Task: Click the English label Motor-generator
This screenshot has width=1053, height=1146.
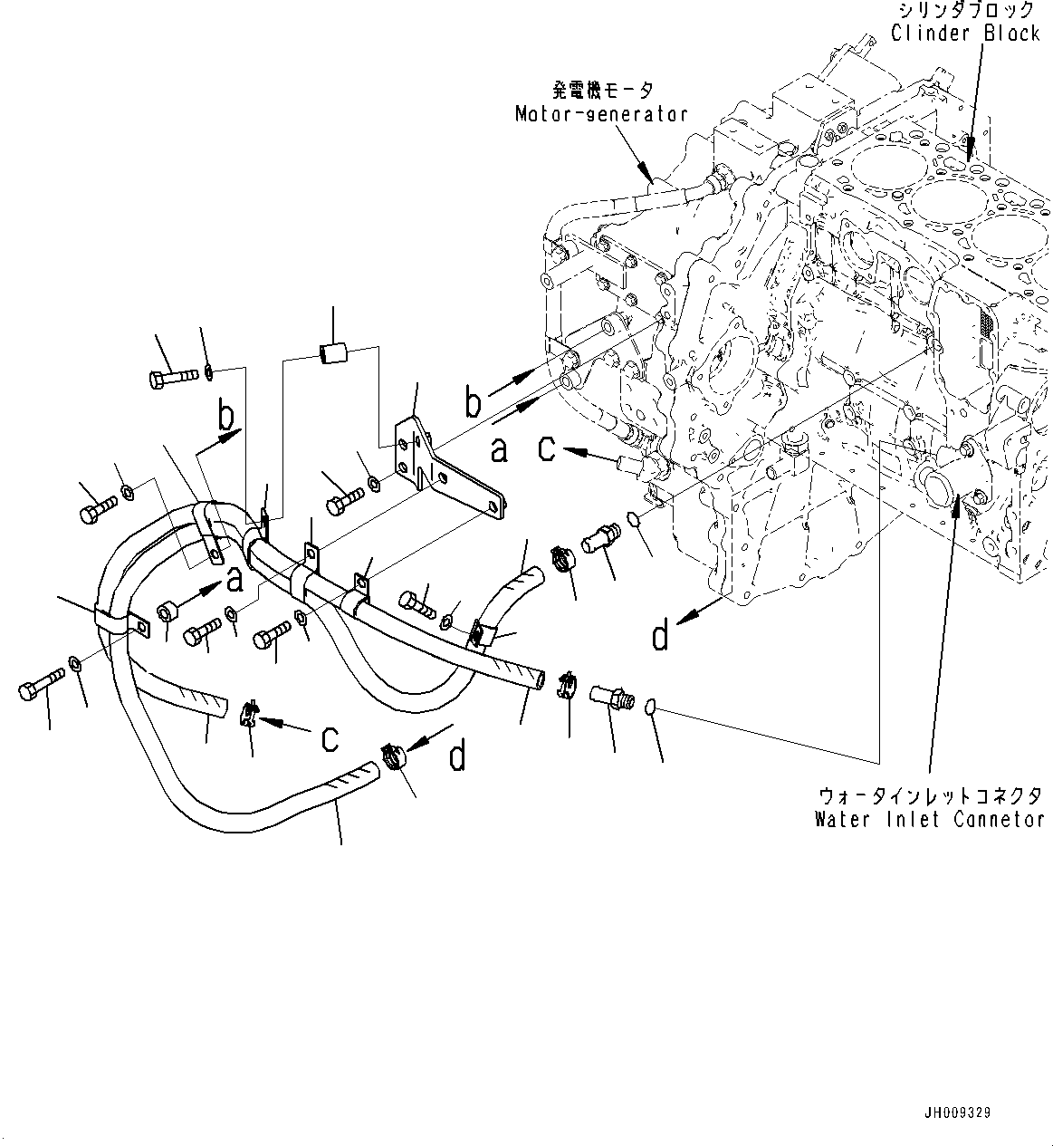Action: pyautogui.click(x=600, y=114)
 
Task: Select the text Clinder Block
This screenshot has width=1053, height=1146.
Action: pyautogui.click(x=965, y=34)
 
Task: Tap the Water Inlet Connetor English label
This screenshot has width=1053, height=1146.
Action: pyautogui.click(x=929, y=820)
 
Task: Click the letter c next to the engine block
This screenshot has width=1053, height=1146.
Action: pyautogui.click(x=547, y=448)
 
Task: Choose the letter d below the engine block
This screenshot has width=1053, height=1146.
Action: pyautogui.click(x=661, y=637)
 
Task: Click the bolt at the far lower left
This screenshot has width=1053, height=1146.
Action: pyautogui.click(x=41, y=686)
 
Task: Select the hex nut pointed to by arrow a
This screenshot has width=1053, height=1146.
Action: pyautogui.click(x=166, y=613)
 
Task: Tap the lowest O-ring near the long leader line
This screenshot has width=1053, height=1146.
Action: pyautogui.click(x=652, y=708)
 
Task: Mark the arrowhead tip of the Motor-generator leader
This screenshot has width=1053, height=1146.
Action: pyautogui.click(x=648, y=178)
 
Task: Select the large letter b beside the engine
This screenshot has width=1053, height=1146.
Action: pyautogui.click(x=472, y=402)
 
